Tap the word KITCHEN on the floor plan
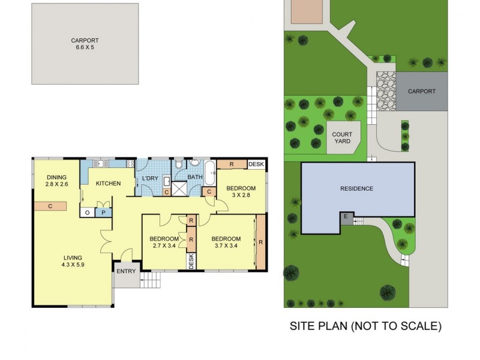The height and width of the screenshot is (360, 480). pyautogui.click(x=109, y=184)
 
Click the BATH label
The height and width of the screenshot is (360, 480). pyautogui.click(x=195, y=178)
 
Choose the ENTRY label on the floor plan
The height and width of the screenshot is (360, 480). pyautogui.click(x=127, y=272)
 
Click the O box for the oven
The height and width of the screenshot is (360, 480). pyautogui.click(x=88, y=212)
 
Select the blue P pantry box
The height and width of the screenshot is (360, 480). pyautogui.click(x=103, y=212)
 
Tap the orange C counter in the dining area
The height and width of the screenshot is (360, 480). pyautogui.click(x=50, y=206)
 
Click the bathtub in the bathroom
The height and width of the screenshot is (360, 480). pyautogui.click(x=210, y=173)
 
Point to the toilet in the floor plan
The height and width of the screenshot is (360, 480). pyautogui.click(x=179, y=165)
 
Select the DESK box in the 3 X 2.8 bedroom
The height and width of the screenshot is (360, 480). pyautogui.click(x=256, y=164)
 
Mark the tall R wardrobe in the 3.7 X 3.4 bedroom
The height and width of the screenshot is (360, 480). pyautogui.click(x=260, y=242)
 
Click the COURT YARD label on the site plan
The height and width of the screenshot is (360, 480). pyautogui.click(x=343, y=137)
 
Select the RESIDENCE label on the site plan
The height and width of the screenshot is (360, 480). pyautogui.click(x=357, y=189)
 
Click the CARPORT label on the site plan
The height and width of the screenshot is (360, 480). pyautogui.click(x=422, y=92)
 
